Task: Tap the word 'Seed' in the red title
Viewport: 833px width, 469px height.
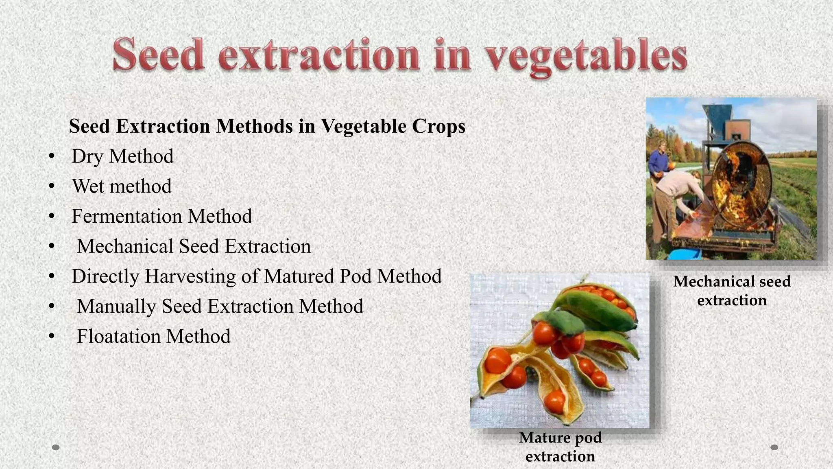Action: click(158, 55)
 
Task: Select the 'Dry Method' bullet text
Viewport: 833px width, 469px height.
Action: click(122, 156)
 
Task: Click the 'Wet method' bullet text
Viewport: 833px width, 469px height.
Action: click(122, 186)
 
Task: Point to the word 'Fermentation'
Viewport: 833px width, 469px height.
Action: click(127, 216)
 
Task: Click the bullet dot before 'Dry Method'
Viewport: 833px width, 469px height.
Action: click(51, 157)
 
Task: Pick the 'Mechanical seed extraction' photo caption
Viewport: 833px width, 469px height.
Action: click(732, 291)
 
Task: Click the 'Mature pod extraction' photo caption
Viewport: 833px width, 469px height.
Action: click(560, 447)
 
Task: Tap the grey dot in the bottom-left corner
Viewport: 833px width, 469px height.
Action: click(56, 447)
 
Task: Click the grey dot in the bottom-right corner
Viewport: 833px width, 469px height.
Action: click(774, 447)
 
